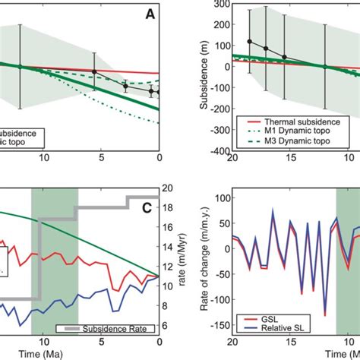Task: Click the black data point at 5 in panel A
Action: pyautogui.click(x=94, y=71)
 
